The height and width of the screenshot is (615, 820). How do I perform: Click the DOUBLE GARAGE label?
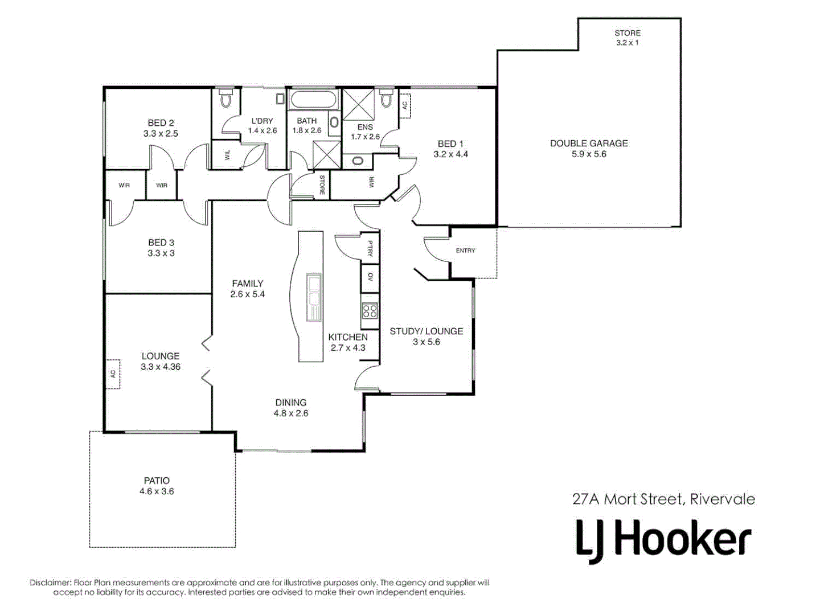pyautogui.click(x=589, y=149)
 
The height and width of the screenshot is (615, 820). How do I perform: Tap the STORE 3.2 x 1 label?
pyautogui.click(x=627, y=38)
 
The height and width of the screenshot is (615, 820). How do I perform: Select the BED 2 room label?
pyautogui.click(x=161, y=128)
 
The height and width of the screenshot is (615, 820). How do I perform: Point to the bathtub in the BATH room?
pyautogui.click(x=313, y=100)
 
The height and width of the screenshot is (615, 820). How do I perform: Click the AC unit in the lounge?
pyautogui.click(x=113, y=374)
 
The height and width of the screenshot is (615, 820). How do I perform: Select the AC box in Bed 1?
pyautogui.click(x=405, y=105)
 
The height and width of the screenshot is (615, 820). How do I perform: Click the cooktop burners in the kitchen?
pyautogui.click(x=370, y=311)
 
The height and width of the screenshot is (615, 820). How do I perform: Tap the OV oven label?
pyautogui.click(x=370, y=277)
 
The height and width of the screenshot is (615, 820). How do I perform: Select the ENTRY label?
pyautogui.click(x=465, y=251)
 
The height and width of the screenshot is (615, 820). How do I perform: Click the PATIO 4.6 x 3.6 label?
pyautogui.click(x=157, y=486)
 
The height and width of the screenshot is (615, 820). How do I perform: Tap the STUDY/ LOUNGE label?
pyautogui.click(x=426, y=336)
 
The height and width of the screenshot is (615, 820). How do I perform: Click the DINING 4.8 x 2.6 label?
pyautogui.click(x=290, y=408)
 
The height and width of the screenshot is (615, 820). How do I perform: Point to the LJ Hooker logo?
pyautogui.click(x=663, y=539)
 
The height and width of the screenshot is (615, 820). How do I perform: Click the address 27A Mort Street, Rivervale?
pyautogui.click(x=663, y=499)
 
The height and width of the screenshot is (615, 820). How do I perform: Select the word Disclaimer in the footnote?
pyautogui.click(x=50, y=583)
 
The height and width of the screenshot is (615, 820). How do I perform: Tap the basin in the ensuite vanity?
pyautogui.click(x=358, y=161)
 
